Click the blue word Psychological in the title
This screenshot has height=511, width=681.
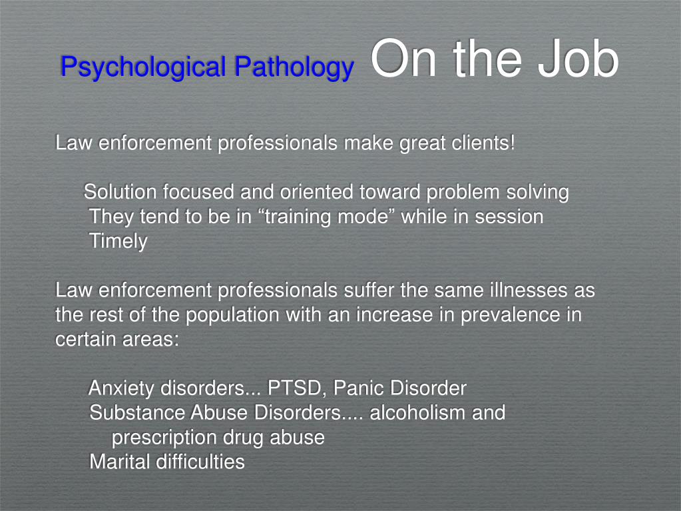pos(143,67)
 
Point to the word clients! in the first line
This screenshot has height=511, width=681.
pos(482,143)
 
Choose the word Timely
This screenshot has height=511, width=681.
pos(118,241)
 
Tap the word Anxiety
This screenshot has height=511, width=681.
pos(121,388)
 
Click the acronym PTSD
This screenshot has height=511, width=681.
pos(297,388)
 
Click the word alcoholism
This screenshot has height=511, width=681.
pos(418,413)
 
